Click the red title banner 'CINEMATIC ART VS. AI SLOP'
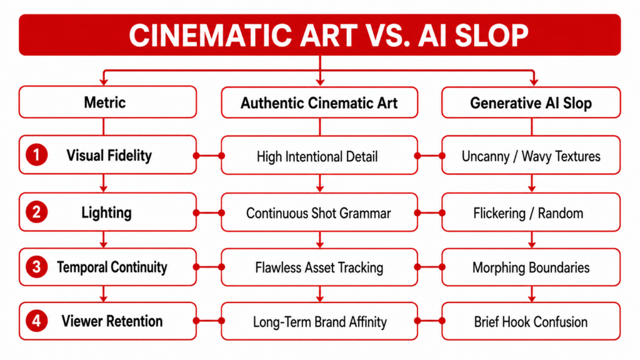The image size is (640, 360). [319, 35]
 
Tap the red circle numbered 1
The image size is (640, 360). [36, 155]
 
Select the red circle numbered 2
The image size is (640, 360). [36, 212]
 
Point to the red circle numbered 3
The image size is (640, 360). [36, 267]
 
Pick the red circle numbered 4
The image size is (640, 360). [36, 321]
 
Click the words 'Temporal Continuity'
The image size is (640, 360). [112, 267]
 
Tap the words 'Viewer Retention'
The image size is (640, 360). [112, 321]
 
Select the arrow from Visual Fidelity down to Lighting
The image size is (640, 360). [104, 183]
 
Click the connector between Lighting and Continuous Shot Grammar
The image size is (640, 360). [209, 212]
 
